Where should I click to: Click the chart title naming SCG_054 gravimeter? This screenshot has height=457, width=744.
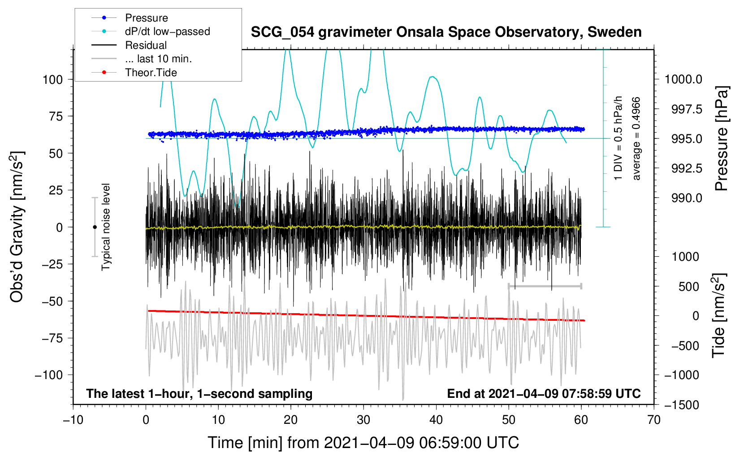446,32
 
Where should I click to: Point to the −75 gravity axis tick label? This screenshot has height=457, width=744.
52,338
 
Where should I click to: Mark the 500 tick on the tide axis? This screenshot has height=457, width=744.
688,287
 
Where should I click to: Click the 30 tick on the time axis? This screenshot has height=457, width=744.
363,420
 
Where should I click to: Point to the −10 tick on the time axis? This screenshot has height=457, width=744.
73,420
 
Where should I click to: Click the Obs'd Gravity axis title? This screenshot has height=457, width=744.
17,227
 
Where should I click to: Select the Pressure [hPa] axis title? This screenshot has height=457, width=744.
721,138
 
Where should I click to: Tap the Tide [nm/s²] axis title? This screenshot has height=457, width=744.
719,315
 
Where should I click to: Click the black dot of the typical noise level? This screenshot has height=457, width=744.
95,227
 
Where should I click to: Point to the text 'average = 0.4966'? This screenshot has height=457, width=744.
636,139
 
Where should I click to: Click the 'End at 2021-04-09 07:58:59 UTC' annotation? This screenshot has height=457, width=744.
544,393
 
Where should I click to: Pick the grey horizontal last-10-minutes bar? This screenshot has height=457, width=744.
545,286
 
